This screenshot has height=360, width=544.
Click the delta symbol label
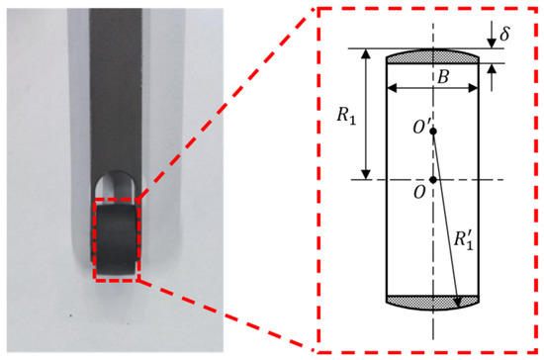click(x=504, y=34)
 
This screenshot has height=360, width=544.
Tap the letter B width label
click(x=443, y=77)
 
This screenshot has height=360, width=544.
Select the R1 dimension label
click(x=346, y=115)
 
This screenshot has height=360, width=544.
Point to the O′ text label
click(x=421, y=128)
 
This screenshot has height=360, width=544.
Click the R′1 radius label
click(x=464, y=240)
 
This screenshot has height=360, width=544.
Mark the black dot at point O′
click(x=433, y=132)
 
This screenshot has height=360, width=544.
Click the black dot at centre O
click(x=433, y=180)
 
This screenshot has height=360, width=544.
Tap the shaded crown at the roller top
click(x=432, y=56)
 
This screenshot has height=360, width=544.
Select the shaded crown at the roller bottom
click(x=432, y=303)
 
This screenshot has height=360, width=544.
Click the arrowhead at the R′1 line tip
click(x=458, y=302)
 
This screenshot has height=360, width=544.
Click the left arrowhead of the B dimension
click(x=392, y=88)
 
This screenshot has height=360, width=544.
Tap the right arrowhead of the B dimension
click(x=473, y=88)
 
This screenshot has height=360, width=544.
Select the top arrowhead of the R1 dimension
click(x=366, y=54)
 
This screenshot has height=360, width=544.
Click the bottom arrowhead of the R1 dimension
click(x=366, y=174)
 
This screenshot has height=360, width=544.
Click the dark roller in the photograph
click(x=116, y=239)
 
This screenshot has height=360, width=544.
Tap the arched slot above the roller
click(x=115, y=187)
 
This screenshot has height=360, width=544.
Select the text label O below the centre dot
click(x=419, y=192)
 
